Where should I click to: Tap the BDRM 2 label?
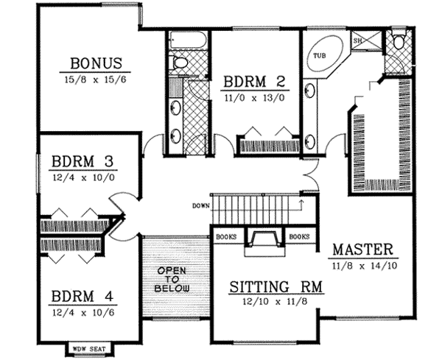tap(252, 81)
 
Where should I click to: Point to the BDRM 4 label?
tap(81, 298)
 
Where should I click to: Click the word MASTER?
tap(362, 249)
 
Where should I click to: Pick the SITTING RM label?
tap(266, 286)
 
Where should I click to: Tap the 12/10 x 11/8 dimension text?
tap(266, 302)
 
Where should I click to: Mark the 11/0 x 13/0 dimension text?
tap(252, 96)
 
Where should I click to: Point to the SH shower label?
tap(357, 41)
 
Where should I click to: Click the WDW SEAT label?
tap(88, 349)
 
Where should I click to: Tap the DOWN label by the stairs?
tap(200, 205)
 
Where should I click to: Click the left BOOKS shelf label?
tap(226, 237)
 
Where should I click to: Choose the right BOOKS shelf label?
tap(299, 237)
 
